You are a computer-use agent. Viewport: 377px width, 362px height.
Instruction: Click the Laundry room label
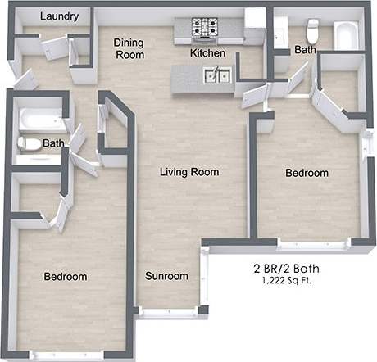59,16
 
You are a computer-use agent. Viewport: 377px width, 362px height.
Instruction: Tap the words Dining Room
129,48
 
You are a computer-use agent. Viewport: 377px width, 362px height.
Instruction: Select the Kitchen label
207,53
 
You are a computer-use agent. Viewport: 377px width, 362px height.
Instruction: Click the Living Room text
188,172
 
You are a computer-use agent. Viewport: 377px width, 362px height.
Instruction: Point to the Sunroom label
166,276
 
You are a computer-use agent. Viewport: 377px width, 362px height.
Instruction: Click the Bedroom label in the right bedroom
307,173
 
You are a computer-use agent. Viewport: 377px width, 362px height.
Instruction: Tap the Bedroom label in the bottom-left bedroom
65,277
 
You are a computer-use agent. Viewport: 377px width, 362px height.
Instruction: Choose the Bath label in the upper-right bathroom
305,50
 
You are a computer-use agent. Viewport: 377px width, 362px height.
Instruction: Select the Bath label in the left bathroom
54,143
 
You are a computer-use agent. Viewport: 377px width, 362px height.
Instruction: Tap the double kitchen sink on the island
218,76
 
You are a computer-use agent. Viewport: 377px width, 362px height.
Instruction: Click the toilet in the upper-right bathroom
311,31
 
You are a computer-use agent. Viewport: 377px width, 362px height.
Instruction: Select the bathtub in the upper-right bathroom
346,34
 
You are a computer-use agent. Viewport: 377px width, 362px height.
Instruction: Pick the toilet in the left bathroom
30,143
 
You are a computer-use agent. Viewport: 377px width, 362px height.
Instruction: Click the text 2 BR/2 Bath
286,268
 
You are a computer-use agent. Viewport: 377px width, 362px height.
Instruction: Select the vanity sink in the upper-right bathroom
281,33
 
